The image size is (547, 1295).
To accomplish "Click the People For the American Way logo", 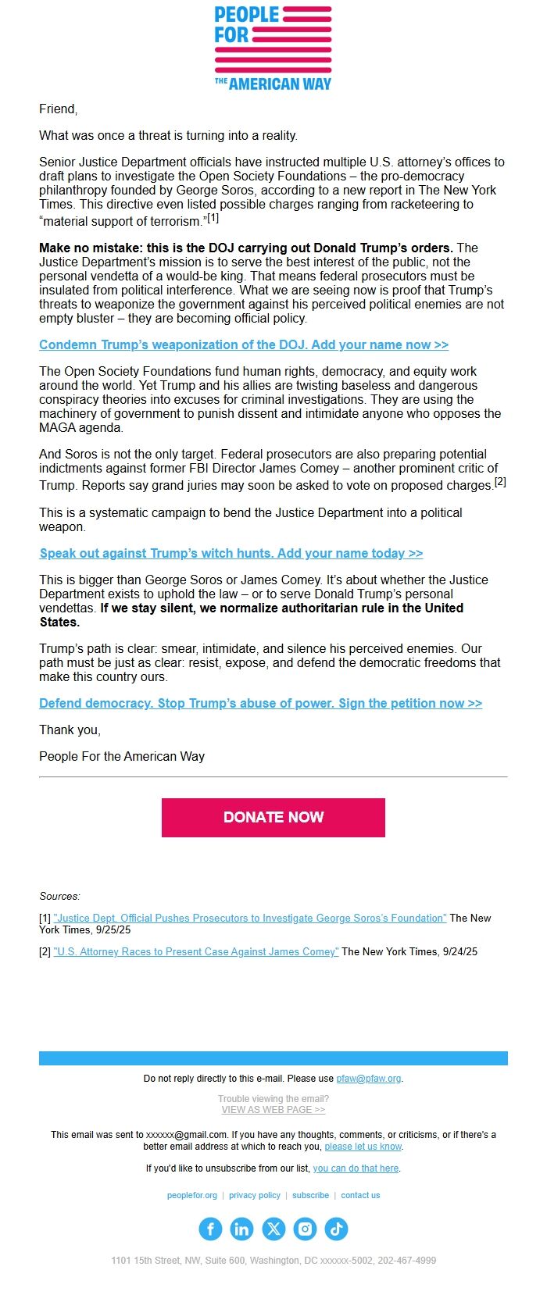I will (x=273, y=48).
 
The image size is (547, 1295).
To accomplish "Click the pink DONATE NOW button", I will (x=273, y=817).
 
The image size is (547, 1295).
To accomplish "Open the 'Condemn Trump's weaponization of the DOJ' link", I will (x=243, y=344).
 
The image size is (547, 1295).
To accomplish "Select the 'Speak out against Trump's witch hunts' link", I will (x=231, y=553).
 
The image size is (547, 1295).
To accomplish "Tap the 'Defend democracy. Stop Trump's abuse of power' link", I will (x=260, y=703).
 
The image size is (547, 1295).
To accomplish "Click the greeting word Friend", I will (x=58, y=109).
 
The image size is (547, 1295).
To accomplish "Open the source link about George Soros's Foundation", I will (x=250, y=918).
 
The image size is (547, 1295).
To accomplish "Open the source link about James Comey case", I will (x=196, y=951).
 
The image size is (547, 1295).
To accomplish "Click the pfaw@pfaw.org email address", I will (x=369, y=1078).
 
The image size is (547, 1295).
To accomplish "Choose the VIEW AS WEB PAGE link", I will (x=273, y=1109).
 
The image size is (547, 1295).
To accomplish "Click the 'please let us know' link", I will (x=363, y=1146).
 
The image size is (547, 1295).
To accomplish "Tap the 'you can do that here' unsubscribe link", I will (x=356, y=1168).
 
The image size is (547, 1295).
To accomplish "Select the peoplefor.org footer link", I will (x=191, y=1195).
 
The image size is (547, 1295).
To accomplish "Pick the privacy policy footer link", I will (x=254, y=1195).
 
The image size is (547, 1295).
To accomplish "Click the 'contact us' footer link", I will (x=360, y=1195).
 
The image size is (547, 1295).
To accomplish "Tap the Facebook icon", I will (x=210, y=1229).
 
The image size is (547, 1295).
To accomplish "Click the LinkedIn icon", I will (x=241, y=1229).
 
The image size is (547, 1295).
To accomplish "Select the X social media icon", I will (x=273, y=1229).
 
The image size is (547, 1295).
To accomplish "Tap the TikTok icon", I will (x=336, y=1229).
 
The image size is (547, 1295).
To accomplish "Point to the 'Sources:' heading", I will (x=59, y=896).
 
